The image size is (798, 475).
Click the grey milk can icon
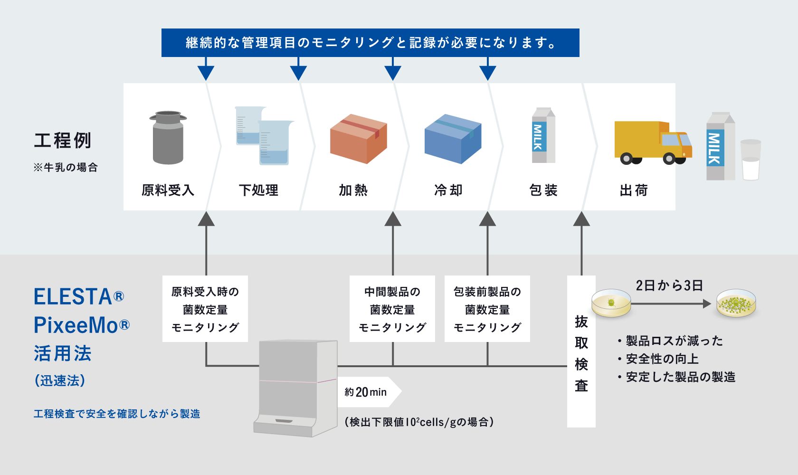pos(168,138)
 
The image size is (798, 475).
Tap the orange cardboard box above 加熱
pos(358,139)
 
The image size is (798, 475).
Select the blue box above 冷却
pos(453,139)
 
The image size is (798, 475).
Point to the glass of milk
pos(750,160)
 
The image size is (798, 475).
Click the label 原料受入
pos(168,190)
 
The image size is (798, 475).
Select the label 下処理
pos(258,190)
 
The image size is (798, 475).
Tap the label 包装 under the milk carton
pos(543,190)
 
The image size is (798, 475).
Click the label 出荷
pos(634,190)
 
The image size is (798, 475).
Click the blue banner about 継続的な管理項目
pos(370,43)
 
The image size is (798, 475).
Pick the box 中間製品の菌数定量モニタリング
pos(392,309)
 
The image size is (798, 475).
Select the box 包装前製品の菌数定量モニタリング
pos(487,309)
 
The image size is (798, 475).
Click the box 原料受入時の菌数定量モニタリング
pos(205,309)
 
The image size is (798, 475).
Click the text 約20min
pos(366,392)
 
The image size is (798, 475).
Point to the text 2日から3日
pos(669,285)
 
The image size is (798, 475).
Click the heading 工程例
pos(62,141)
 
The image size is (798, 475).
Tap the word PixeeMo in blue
pos(76,325)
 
